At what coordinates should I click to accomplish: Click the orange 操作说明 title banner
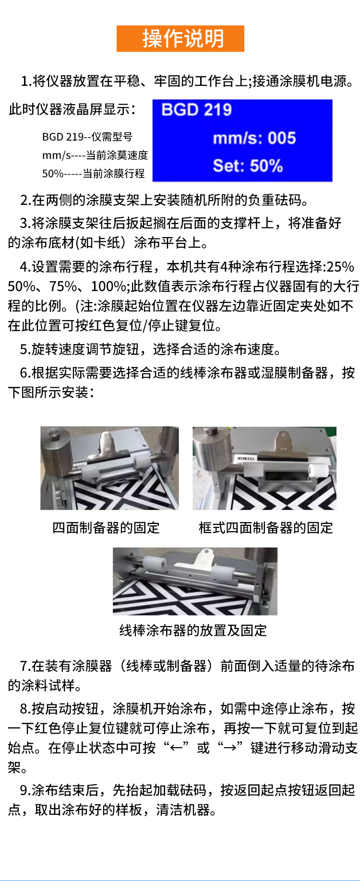click(180, 38)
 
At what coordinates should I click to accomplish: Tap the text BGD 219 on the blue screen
click(196, 110)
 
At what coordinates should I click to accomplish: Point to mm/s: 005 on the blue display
click(254, 138)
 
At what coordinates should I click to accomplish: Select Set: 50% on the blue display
click(248, 166)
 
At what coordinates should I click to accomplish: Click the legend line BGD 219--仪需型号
click(87, 137)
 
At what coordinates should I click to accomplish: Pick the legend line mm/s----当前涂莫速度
click(95, 155)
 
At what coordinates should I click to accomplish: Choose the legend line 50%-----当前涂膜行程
click(94, 173)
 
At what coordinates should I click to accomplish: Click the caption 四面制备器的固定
click(106, 528)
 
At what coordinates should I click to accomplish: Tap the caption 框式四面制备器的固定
click(266, 528)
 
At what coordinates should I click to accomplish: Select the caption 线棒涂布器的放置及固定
click(193, 630)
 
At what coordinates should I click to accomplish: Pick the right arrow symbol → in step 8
click(229, 748)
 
